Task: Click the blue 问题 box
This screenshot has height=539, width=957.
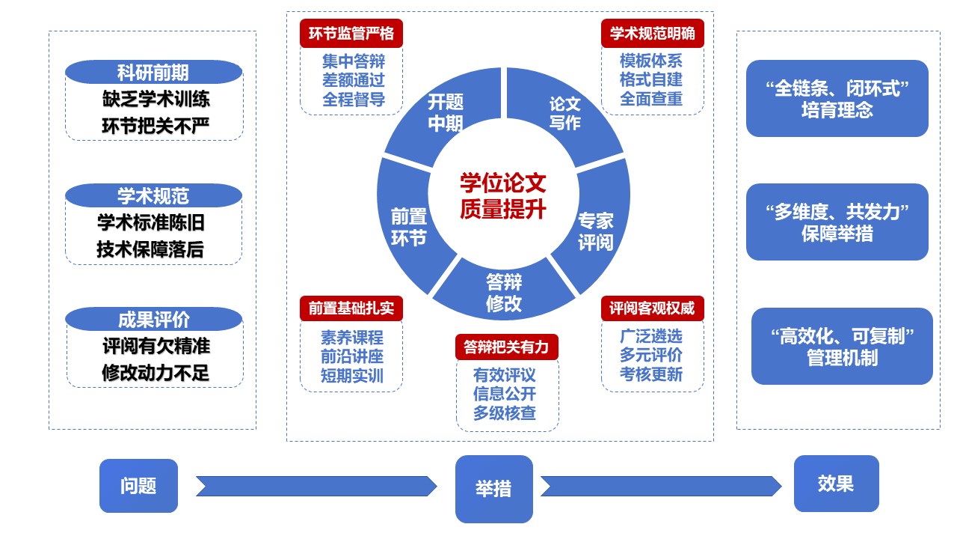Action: (138, 485)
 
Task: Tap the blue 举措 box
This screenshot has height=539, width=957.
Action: (493, 489)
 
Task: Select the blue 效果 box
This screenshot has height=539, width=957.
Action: (836, 484)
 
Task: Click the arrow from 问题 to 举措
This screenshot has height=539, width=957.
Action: (316, 486)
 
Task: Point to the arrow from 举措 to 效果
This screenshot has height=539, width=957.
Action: (661, 486)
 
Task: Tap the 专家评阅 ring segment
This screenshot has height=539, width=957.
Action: (596, 231)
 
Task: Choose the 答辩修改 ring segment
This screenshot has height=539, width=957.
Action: (504, 293)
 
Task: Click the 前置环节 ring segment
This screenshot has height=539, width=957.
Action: (408, 227)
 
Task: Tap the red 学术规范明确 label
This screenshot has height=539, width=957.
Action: (653, 34)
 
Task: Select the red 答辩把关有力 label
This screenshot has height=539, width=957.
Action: (506, 347)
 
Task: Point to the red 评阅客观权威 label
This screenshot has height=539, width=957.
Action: (653, 308)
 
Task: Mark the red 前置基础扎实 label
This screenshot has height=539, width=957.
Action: (351, 308)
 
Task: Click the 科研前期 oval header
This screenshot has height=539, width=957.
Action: (153, 73)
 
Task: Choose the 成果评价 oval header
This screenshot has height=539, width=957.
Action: (153, 320)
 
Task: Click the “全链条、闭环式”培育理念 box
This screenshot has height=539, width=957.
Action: (837, 99)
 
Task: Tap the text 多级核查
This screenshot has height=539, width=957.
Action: (505, 412)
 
